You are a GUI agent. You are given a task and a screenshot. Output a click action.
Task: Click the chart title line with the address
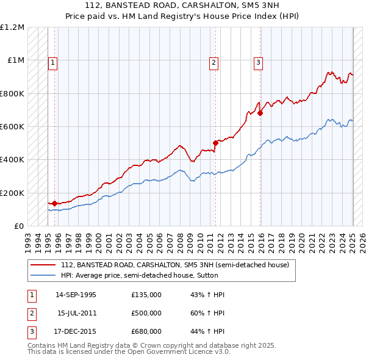182,6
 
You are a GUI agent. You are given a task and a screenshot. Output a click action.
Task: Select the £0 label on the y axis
19,226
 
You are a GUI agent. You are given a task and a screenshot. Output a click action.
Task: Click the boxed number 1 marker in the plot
53,62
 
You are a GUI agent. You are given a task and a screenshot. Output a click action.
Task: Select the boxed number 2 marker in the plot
214,62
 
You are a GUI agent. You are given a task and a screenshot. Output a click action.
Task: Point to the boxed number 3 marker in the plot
259,62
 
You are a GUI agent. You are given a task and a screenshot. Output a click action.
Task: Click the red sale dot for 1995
54,203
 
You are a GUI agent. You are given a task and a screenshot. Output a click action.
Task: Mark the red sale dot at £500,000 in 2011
215,143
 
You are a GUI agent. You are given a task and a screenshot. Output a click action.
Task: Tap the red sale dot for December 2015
260,113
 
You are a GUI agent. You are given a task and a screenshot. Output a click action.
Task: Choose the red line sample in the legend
43,265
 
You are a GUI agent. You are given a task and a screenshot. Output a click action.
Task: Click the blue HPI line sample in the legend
43,275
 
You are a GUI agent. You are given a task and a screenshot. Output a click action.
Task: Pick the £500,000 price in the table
146,313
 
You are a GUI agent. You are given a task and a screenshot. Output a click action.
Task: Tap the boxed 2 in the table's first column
31,313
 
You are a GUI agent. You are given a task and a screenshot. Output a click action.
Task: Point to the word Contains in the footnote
43,345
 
